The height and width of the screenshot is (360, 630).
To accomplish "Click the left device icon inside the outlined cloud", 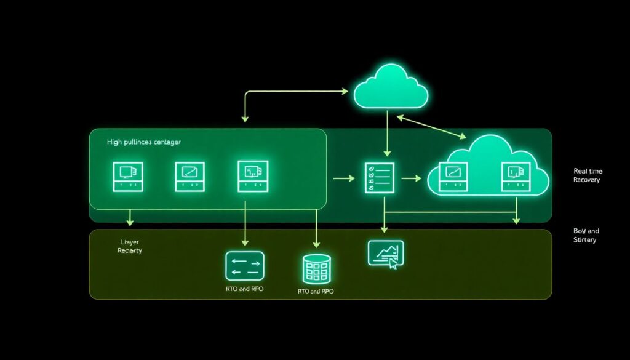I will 453,177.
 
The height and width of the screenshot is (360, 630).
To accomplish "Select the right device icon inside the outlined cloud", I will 516,177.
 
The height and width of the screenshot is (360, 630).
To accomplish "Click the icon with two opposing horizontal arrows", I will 244,266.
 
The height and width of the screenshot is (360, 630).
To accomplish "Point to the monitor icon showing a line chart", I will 386,254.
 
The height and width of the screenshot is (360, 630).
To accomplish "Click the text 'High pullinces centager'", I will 143,142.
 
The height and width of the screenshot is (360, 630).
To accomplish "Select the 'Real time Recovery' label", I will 587,175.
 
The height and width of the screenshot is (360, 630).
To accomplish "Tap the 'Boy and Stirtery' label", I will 585,235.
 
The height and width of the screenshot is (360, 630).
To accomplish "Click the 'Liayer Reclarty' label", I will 129,247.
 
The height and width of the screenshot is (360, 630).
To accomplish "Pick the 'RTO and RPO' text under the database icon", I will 316,291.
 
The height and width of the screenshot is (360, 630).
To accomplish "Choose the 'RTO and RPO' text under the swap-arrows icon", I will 244,289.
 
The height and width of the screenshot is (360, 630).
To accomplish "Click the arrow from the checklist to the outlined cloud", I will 410,178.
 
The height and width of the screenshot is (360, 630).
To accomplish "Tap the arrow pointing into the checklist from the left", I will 344,178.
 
